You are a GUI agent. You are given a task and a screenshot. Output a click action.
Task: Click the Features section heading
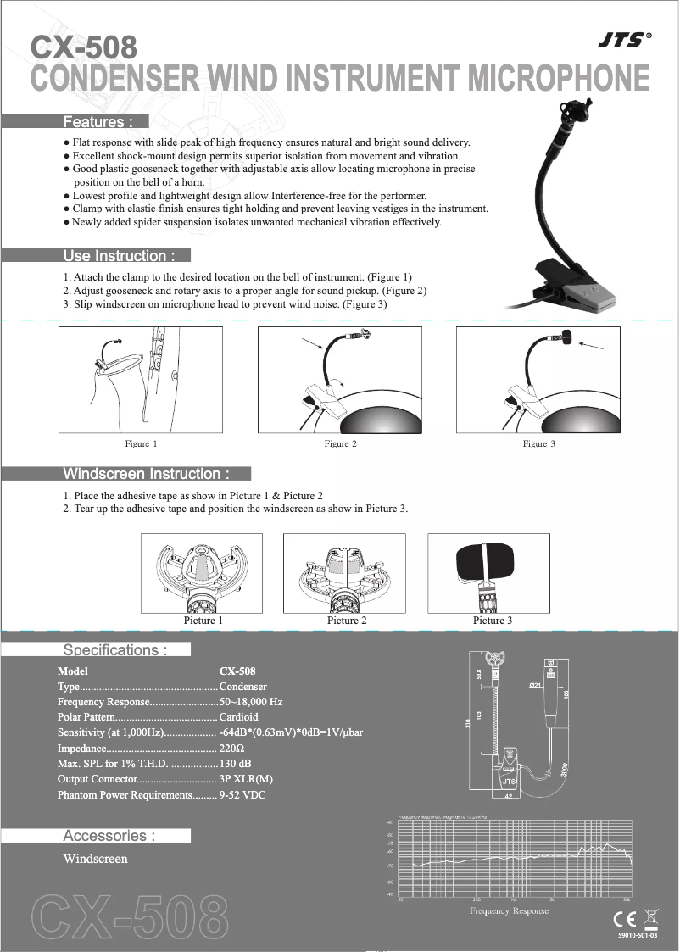coord(98,122)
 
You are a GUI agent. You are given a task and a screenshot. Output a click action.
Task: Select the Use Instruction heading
coord(120,256)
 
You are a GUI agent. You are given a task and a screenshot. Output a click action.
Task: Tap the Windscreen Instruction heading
coord(147,474)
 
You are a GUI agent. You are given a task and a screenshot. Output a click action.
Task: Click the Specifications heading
coord(115,650)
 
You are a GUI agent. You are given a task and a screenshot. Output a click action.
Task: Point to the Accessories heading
coord(109,836)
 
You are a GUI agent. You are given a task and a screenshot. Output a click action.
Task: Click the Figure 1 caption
coord(141,444)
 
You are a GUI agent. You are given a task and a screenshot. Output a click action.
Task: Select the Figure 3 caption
coord(539,444)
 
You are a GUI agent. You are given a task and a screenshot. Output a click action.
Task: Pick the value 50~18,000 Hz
coord(251,703)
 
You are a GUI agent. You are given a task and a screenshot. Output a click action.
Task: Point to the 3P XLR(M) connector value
coord(246,779)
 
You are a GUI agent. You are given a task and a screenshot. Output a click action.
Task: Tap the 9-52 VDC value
coord(242,795)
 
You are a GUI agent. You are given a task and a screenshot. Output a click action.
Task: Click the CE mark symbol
coord(622,919)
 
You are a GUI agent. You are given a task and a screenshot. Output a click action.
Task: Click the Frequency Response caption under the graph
coord(509,911)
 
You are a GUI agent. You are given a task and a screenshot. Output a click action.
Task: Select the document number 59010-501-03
coord(638,935)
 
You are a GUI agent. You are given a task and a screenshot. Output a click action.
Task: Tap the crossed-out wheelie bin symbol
coord(649,917)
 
